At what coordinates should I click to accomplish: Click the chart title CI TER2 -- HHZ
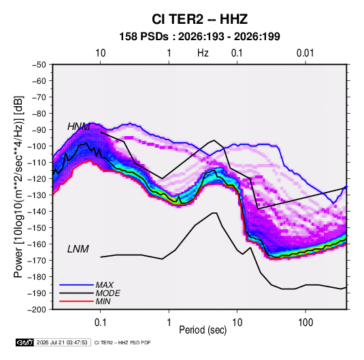click(199, 19)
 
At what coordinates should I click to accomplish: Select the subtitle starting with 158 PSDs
click(199, 37)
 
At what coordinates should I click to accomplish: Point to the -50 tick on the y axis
click(39, 65)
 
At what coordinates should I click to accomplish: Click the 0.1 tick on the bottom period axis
click(100, 323)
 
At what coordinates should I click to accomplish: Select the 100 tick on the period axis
click(305, 323)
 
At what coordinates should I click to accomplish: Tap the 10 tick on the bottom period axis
click(237, 323)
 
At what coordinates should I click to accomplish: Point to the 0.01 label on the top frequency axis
click(305, 53)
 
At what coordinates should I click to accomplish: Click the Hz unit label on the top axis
click(203, 53)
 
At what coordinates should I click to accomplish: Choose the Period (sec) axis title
click(203, 330)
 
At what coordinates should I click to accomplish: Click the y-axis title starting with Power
click(18, 187)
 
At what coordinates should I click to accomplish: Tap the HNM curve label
click(78, 127)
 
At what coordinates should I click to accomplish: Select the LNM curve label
click(78, 249)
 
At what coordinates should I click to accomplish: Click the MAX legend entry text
click(105, 285)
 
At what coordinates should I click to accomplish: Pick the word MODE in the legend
click(107, 293)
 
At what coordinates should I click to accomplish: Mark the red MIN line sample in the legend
click(76, 301)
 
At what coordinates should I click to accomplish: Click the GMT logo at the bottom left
click(24, 342)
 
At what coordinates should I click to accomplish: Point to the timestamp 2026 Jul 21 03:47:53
click(62, 342)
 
